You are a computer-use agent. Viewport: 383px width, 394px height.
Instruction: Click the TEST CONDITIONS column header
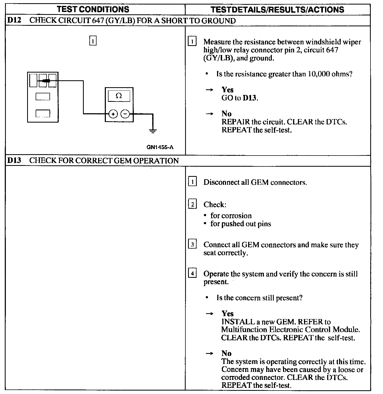pos(93,9)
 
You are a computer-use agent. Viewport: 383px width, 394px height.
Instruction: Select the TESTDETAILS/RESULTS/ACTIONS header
pos(277,10)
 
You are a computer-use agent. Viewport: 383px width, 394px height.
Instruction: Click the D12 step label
pos(14,20)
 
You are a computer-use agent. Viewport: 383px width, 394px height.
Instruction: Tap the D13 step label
pos(14,161)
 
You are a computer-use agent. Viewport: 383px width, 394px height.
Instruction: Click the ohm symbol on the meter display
pos(119,96)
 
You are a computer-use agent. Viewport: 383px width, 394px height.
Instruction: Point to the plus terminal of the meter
pos(113,114)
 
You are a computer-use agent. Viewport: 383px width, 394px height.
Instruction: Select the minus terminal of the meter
pos(125,114)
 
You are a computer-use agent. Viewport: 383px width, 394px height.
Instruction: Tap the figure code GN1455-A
pos(160,147)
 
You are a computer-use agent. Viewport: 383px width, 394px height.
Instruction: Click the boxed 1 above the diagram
pos(93,41)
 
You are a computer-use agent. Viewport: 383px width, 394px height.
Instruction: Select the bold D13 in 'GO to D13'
pos(250,98)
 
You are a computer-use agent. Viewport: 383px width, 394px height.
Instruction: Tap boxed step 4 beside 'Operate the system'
pos(192,273)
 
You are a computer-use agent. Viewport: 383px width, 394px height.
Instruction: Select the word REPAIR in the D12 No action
pos(236,122)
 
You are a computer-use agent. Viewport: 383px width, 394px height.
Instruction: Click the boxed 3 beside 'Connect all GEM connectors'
pos(192,244)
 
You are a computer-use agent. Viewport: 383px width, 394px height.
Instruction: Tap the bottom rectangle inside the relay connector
pos(43,114)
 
